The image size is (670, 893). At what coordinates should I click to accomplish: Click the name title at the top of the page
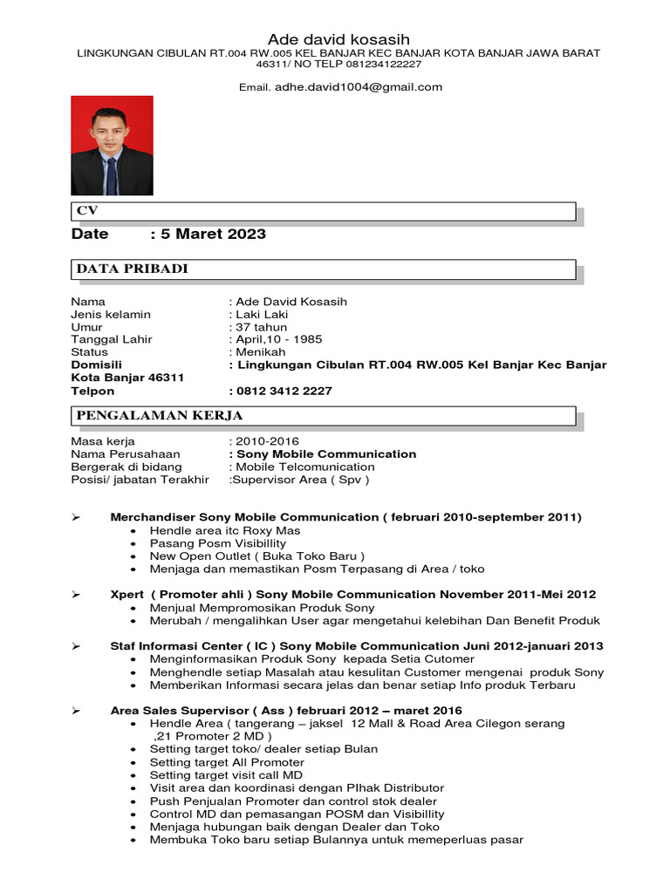coord(338,40)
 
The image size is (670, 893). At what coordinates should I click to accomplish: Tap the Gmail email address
coord(359,87)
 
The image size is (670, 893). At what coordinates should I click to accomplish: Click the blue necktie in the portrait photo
coord(112,174)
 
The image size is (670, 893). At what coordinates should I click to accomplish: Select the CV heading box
coord(323,212)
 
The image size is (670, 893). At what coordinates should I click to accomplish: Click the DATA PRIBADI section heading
coord(133,269)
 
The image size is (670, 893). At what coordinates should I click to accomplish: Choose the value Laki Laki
coord(261,314)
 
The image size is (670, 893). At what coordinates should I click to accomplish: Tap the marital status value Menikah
coord(260,352)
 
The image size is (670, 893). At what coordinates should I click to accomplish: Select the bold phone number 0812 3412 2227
coord(283,391)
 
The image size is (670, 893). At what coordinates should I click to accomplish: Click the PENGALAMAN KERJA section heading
coord(160,415)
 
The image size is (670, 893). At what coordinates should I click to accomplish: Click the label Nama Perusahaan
coord(125,454)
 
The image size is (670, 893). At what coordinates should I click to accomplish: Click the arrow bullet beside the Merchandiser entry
coord(76,517)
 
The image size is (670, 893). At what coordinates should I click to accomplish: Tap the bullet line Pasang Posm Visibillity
coord(217,543)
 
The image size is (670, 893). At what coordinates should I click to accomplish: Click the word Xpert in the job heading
coord(127,595)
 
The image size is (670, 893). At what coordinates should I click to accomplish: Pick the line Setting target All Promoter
coord(227,762)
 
